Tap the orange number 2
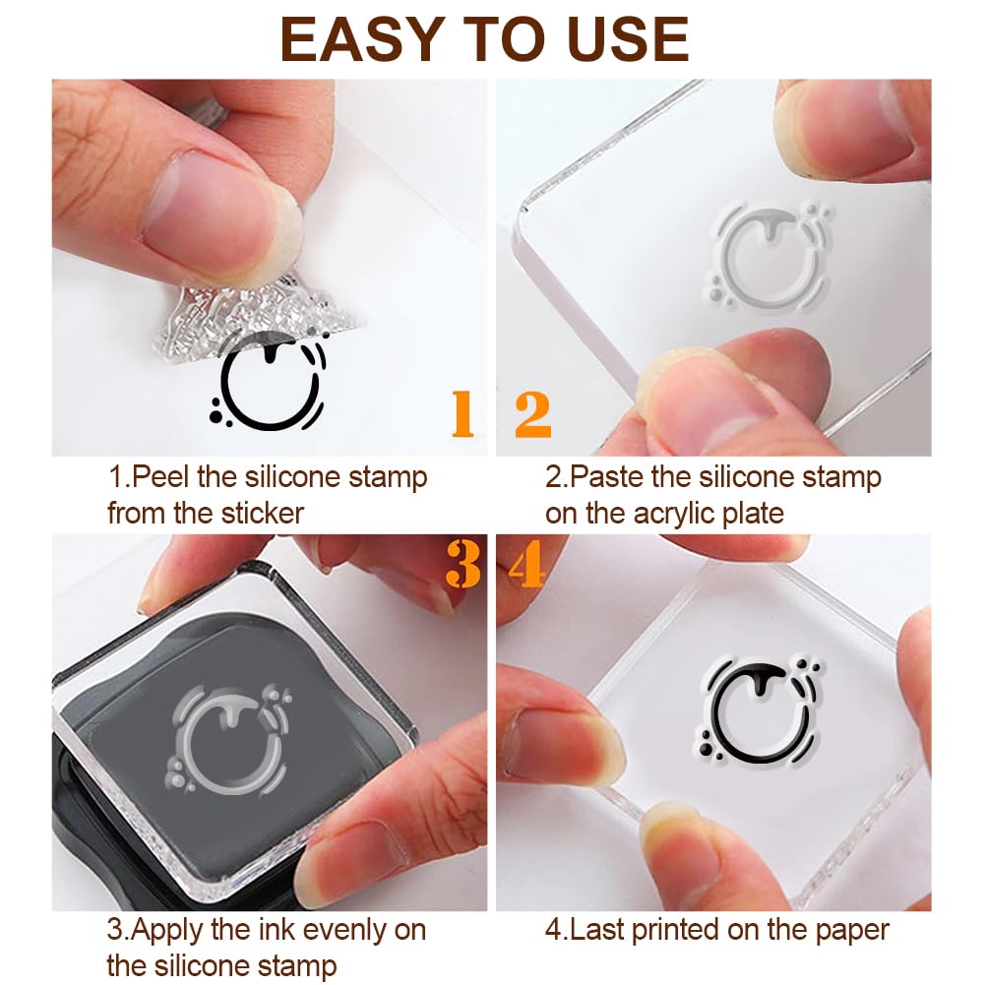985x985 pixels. [x=532, y=414]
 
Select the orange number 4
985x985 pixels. [x=527, y=565]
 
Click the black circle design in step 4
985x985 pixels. [x=753, y=710]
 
